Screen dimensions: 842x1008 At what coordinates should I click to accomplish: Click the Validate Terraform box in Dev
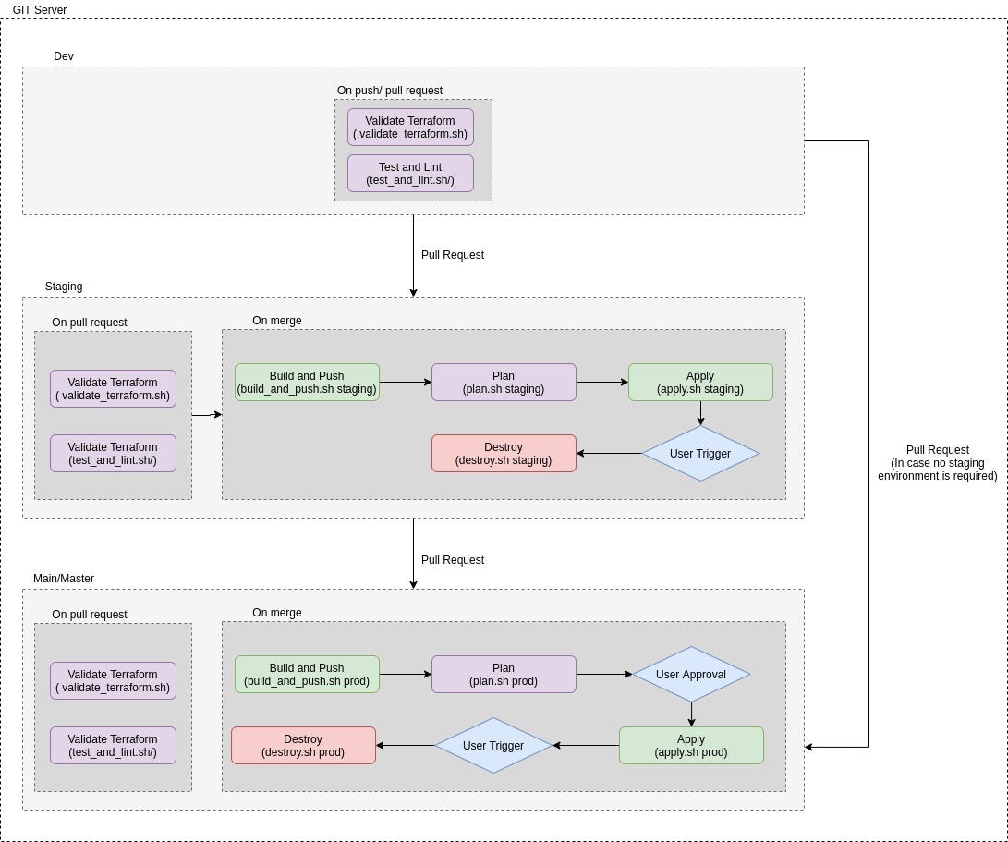[x=410, y=128]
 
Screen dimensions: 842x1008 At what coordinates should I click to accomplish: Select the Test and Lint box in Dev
[x=410, y=174]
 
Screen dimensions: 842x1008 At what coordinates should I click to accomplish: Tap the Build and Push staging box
[x=307, y=383]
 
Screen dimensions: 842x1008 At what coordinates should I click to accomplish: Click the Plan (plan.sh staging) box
[x=504, y=383]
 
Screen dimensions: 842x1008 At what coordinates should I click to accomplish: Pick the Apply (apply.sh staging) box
[x=700, y=383]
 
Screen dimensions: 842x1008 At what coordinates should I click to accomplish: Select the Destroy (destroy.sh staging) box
[x=504, y=454]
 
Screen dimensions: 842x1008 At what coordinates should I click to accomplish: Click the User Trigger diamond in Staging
[x=700, y=454]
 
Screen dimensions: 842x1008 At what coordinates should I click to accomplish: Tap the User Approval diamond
[x=691, y=675]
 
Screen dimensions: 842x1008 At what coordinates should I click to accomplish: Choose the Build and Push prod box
[x=307, y=675]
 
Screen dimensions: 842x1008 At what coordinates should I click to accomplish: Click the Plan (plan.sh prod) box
[x=504, y=675]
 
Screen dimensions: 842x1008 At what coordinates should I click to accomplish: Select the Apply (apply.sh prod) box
[x=691, y=746]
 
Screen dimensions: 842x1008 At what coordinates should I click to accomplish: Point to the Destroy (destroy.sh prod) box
[x=303, y=746]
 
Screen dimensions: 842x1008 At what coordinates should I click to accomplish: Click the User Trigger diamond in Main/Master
[x=493, y=746]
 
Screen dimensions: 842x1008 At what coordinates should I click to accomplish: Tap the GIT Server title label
[x=40, y=10]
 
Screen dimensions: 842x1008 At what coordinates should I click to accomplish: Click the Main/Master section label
[x=64, y=579]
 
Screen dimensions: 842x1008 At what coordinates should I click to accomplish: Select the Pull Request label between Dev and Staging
[x=453, y=255]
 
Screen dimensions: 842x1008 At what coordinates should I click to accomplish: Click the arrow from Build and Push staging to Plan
[x=405, y=382]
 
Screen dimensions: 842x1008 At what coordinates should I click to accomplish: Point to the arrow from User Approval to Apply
[x=691, y=714]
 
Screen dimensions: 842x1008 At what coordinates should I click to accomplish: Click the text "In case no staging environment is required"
[x=938, y=470]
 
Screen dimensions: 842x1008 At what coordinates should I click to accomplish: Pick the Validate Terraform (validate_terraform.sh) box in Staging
[x=113, y=389]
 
